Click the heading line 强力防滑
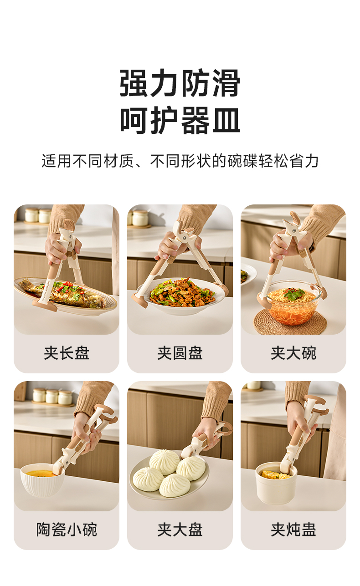coord(180,83)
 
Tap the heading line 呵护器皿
coord(180,120)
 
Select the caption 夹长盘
coord(67,353)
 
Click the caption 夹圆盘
coord(180,353)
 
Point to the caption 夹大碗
coord(293,353)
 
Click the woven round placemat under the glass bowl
coord(291,322)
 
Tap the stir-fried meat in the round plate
coord(182,292)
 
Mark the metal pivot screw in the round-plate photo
coord(185,238)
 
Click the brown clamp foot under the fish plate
coord(45,306)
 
